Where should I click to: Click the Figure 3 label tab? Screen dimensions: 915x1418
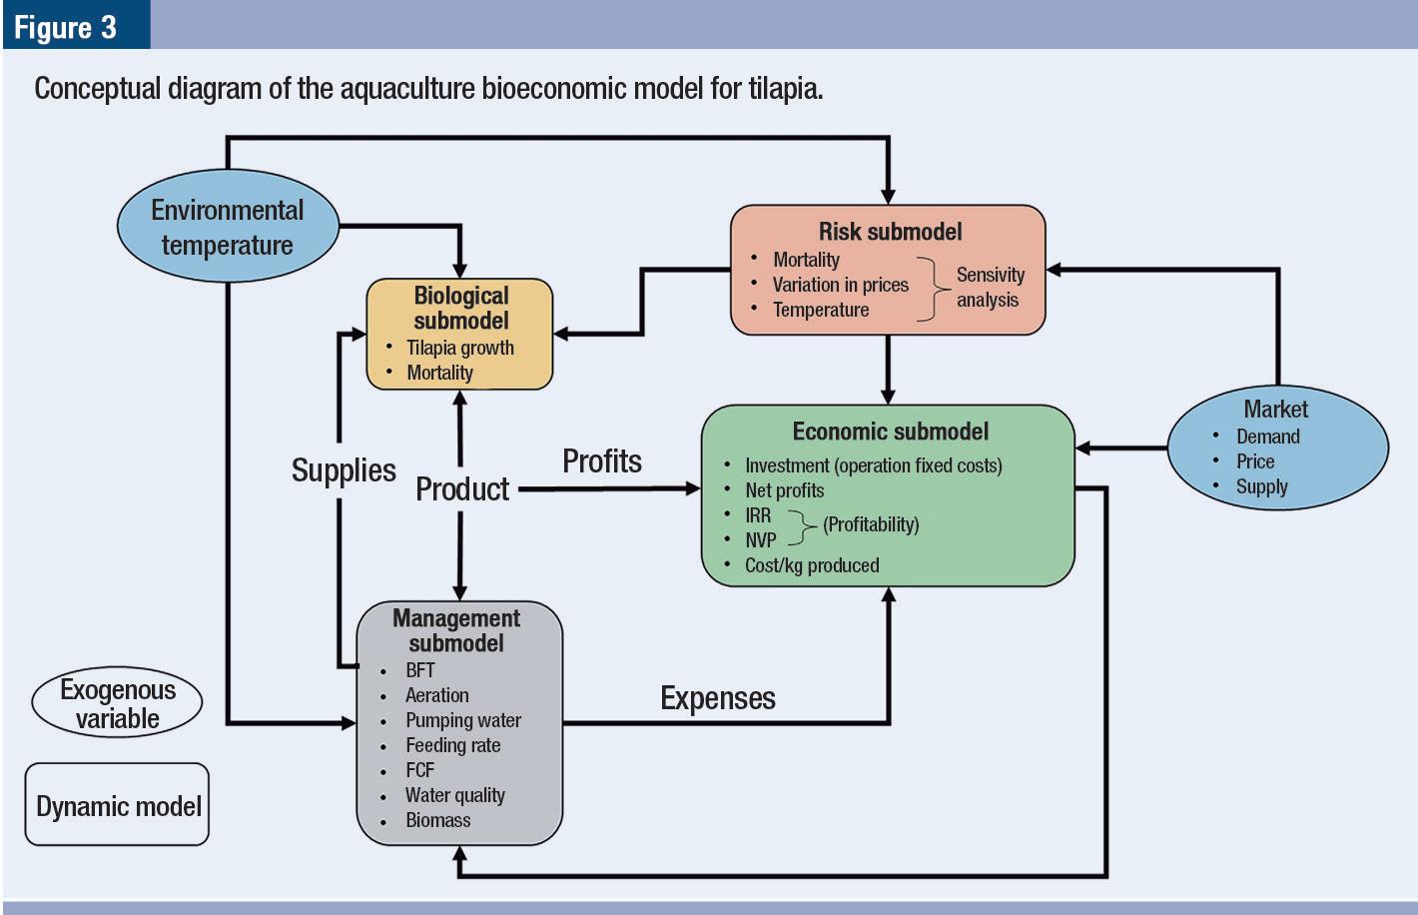(x=66, y=26)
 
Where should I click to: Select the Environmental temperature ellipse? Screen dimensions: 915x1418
(x=228, y=228)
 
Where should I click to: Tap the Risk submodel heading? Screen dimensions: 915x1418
(x=890, y=232)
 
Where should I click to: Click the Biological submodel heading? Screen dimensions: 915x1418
(x=460, y=308)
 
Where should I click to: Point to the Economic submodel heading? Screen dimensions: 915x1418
(x=890, y=432)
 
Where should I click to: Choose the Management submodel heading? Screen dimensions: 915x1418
(x=456, y=630)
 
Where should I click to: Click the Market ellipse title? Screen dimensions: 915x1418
(x=1275, y=410)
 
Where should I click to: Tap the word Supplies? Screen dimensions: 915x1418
(x=344, y=470)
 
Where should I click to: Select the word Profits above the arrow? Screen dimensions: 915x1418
(x=601, y=461)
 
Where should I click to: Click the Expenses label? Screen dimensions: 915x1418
(x=717, y=698)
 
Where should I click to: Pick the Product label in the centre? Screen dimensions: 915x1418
(x=461, y=489)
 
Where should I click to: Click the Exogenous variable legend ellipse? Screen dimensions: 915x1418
(x=117, y=704)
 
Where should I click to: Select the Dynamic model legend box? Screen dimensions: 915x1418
(x=118, y=806)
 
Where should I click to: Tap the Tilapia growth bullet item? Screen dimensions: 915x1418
(x=459, y=348)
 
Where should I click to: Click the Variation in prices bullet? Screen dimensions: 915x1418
(x=840, y=285)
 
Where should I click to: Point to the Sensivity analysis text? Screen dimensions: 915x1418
(x=989, y=287)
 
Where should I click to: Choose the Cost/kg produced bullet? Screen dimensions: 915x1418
(x=811, y=565)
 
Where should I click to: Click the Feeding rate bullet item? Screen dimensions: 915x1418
(x=452, y=745)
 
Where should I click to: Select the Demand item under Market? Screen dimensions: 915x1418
(x=1267, y=437)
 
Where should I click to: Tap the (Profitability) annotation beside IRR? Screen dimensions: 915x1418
(x=871, y=524)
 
